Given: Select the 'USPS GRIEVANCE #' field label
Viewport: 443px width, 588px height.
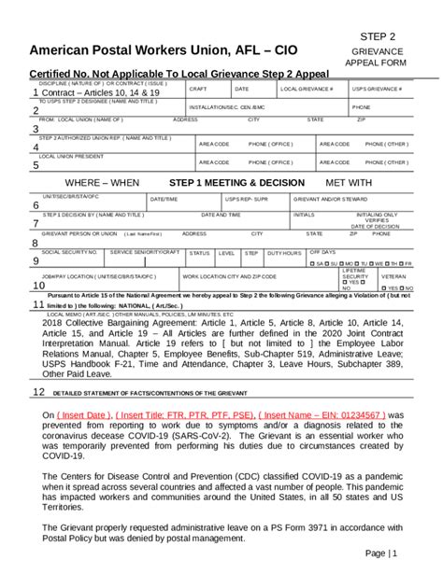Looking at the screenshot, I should pos(377,89).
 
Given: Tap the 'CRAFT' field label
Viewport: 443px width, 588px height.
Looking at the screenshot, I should pos(198,89).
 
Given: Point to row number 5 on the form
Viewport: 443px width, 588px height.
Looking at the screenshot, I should pos(36,165).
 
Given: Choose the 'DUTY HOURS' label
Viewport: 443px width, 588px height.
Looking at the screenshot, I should pos(284,253).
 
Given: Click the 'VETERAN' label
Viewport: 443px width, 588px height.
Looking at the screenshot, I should pos(393,276).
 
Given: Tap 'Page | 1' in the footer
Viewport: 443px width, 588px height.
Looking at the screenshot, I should pos(380,553).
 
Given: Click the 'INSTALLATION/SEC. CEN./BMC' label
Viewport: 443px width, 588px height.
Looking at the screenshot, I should pos(228,107).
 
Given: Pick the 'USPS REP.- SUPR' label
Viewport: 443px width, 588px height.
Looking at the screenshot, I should pos(247,199).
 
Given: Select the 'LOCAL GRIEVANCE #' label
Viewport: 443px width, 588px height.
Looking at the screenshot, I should pos(307,89).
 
